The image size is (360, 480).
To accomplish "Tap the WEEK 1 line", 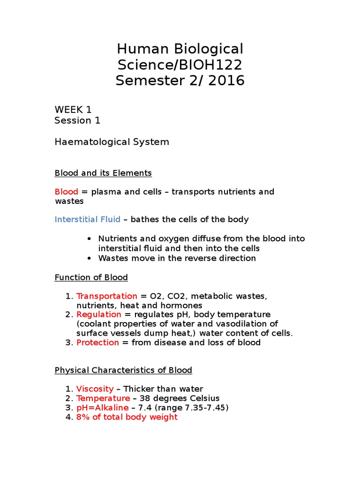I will click(x=73, y=110).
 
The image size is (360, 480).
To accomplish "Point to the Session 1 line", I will click(x=77, y=120).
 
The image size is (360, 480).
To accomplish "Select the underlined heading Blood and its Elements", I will click(x=103, y=173).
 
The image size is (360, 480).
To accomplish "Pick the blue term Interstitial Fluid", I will click(x=87, y=219).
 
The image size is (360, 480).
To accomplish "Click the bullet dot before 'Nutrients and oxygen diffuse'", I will click(x=90, y=239).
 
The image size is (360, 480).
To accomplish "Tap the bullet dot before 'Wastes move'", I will click(x=90, y=258).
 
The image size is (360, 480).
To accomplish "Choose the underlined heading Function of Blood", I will click(x=91, y=277).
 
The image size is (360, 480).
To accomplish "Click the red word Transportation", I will click(x=106, y=296).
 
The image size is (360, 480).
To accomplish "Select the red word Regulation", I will click(x=98, y=314).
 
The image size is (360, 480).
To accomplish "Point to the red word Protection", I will click(x=97, y=343).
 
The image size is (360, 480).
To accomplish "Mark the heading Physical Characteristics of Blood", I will click(x=123, y=370).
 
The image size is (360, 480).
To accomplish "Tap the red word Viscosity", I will click(x=95, y=389).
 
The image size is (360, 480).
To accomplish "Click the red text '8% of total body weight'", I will click(x=127, y=417).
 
